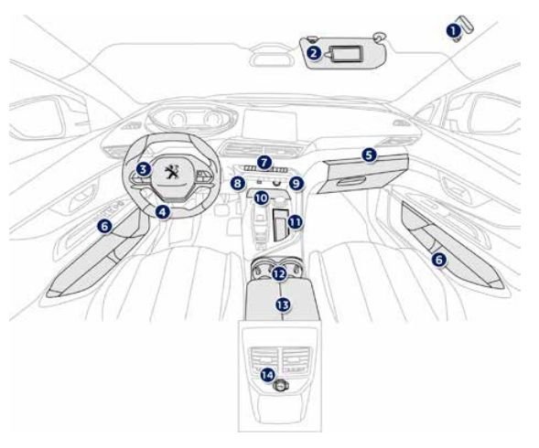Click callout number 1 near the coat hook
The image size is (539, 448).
point(454,31)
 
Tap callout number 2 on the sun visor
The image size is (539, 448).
point(314,53)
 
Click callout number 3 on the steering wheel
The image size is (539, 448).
point(144,169)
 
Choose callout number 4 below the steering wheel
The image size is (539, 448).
point(163,212)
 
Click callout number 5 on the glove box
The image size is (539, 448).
point(369,155)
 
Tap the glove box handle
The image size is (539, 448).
point(351,181)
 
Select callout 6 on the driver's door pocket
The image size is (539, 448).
point(104,227)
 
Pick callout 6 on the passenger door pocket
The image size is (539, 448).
point(439,260)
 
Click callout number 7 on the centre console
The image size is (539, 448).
point(264,163)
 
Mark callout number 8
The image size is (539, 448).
point(238,184)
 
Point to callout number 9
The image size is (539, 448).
point(296,184)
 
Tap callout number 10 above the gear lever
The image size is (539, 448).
point(262,198)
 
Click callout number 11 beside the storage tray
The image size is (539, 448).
point(295,222)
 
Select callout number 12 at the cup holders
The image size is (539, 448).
point(279,274)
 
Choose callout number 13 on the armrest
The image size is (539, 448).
point(283,304)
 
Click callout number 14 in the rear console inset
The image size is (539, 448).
point(267,375)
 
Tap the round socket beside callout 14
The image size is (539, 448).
point(281,387)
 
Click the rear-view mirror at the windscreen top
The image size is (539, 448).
point(272,56)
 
